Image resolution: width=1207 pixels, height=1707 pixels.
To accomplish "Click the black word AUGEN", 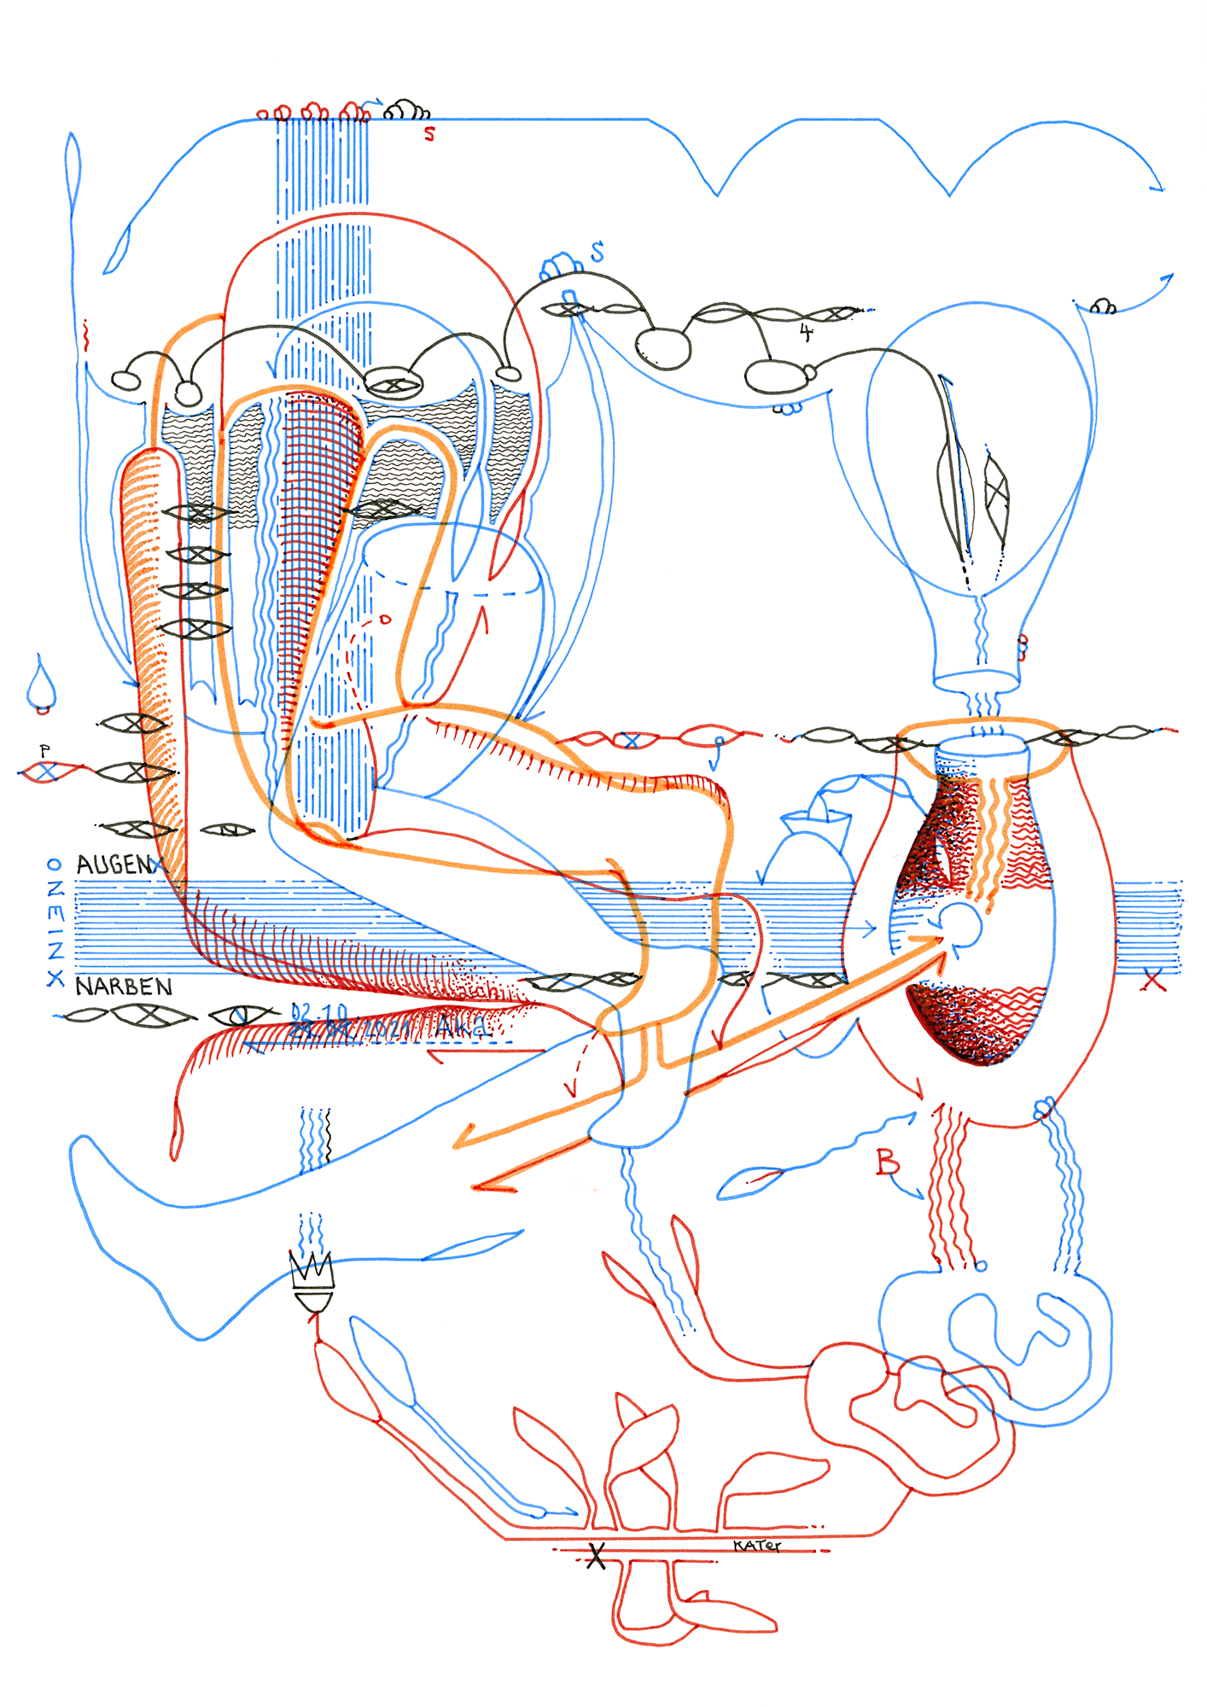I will (114, 865).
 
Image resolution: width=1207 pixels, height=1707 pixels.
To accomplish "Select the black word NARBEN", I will (124, 987).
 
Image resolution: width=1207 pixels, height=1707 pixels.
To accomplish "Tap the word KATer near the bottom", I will (756, 1545).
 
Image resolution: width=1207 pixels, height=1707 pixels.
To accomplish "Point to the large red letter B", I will (888, 1162).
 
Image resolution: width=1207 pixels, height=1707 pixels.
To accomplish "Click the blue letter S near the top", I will (598, 252).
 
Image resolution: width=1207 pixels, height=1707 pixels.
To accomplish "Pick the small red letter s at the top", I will (429, 134).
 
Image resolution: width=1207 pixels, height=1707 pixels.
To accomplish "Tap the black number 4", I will (806, 332).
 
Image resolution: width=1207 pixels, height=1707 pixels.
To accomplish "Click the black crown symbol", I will (312, 1271).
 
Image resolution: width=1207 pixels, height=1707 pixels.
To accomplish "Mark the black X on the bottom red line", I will (596, 1556).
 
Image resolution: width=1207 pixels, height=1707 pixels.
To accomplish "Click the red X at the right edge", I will (1153, 982).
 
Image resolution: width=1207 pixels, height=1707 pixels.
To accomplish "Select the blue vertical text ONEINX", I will (55, 923).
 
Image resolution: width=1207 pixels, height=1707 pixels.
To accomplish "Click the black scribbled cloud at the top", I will (406, 111).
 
